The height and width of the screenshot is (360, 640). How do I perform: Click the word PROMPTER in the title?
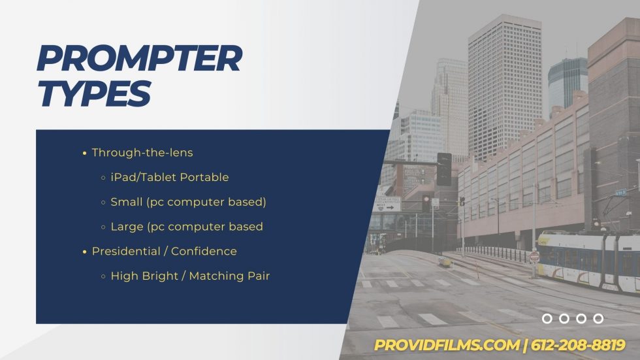click(139, 59)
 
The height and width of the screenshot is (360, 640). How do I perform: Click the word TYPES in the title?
click(94, 93)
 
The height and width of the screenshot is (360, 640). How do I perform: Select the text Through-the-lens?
click(142, 153)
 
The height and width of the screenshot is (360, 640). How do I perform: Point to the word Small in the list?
click(126, 202)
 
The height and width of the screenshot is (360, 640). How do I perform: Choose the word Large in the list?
click(127, 227)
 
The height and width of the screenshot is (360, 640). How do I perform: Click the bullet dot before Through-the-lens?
click(84, 154)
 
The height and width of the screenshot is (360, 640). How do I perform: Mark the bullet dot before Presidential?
click(84, 252)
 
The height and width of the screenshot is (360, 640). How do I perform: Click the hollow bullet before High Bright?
click(103, 276)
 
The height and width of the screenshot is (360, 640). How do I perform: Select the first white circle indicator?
click(547, 319)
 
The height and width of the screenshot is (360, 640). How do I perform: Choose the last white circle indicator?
click(598, 319)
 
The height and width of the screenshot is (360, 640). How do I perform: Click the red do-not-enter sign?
click(534, 257)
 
